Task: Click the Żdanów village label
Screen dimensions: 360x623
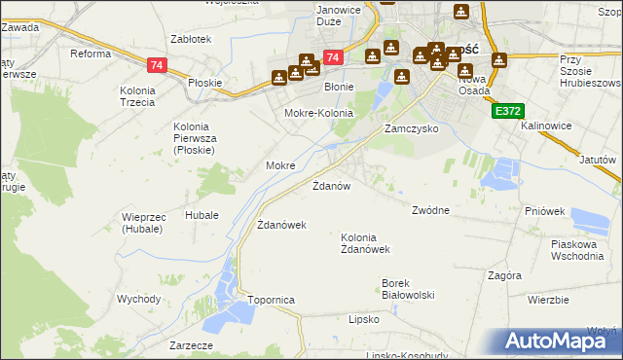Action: pos(331,185)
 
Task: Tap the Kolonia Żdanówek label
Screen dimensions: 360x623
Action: pos(365,243)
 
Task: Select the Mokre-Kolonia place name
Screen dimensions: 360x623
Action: pos(317,114)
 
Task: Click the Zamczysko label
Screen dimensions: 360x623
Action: pos(411,128)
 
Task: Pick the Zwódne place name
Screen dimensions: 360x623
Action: pos(430,210)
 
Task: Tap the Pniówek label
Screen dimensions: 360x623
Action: pos(544,210)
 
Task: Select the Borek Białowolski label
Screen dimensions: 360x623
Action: pos(407,289)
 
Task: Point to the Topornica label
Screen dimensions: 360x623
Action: pos(271,301)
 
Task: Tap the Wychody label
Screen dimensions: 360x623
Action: pos(138,299)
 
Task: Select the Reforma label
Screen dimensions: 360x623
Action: pos(91,54)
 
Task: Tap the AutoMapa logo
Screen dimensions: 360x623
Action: pos(559,341)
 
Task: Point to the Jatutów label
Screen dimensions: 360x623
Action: pos(598,159)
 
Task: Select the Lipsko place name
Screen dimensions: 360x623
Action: pos(363,318)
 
